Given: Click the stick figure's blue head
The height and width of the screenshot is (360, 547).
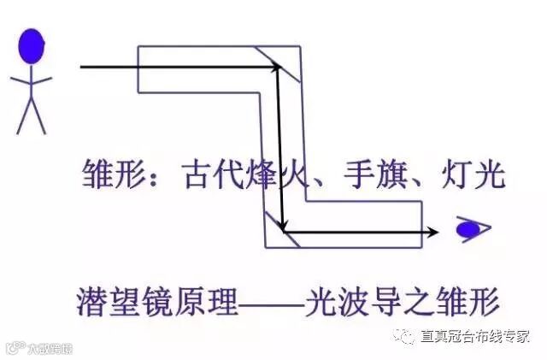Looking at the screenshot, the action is coord(31,45).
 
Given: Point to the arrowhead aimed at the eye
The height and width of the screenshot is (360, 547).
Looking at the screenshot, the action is coord(433,231).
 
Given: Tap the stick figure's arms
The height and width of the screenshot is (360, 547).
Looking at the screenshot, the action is coord(31,80).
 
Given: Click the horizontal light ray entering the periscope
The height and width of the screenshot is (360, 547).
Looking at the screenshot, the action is coord(171,66).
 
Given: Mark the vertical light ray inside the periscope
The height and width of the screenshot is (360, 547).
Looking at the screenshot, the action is coord(279,145).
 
